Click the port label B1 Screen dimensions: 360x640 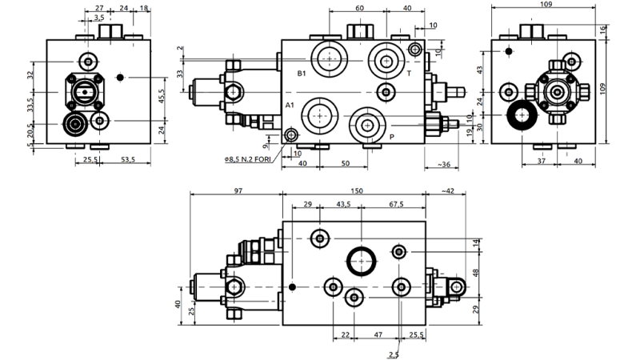point(302,74)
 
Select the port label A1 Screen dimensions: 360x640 point(290,106)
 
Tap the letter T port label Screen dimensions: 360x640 point(409,74)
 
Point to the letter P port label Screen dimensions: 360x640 point(392,137)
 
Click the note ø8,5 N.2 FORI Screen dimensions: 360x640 point(248,158)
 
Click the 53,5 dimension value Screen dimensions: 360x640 point(128,160)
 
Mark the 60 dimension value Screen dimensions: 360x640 point(358,7)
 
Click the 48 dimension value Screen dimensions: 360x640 point(476,274)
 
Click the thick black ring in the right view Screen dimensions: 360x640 point(519,116)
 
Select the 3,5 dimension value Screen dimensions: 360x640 point(99,17)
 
